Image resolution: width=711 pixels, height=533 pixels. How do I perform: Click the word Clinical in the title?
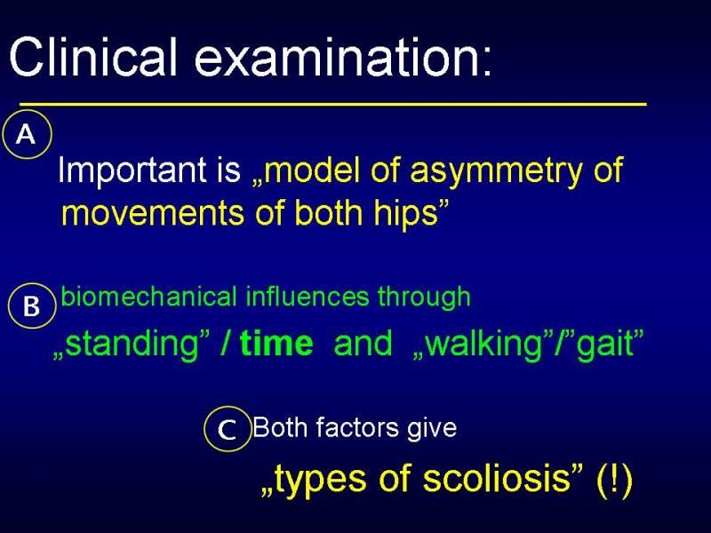tap(92, 57)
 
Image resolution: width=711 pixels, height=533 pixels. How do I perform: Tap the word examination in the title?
tap(343, 57)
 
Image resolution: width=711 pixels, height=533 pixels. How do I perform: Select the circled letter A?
tap(28, 134)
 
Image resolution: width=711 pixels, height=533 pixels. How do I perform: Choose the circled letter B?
tap(32, 306)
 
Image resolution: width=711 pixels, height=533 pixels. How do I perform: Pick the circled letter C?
tap(228, 429)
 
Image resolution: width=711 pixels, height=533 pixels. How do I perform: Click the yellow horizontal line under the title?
tap(333, 104)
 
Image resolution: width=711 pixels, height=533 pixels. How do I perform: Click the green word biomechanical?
tap(148, 297)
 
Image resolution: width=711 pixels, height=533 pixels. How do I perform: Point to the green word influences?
tap(308, 297)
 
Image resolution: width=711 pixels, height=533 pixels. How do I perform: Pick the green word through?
tap(424, 298)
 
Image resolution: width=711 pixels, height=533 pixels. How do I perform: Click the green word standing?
tap(132, 345)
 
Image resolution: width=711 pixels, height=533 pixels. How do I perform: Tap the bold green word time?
tap(276, 343)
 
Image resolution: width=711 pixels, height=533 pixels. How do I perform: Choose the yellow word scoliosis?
tap(496, 479)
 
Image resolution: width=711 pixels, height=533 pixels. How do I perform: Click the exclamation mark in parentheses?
tap(614, 480)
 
